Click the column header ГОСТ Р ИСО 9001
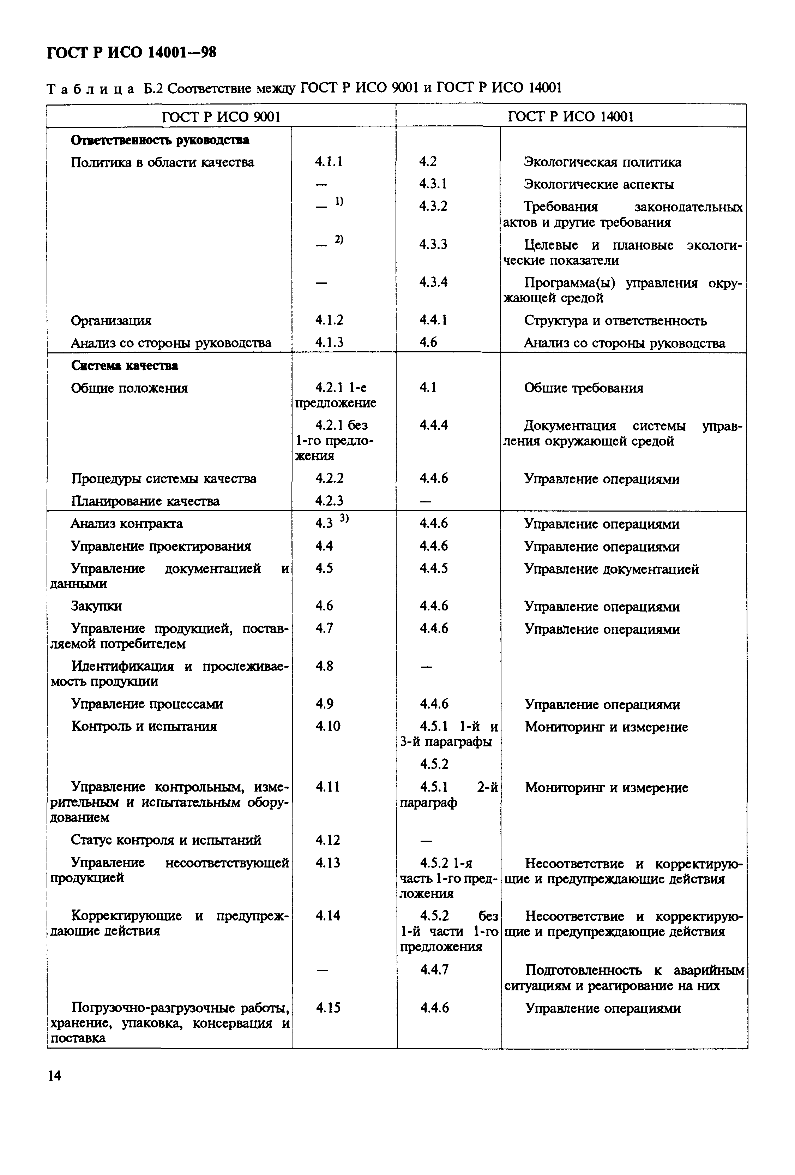click(x=221, y=117)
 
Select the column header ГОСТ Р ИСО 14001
click(x=571, y=117)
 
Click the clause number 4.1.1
click(x=329, y=162)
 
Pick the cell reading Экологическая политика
click(x=602, y=162)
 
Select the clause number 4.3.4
click(x=433, y=282)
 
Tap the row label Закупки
click(x=96, y=606)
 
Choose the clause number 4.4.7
click(x=434, y=969)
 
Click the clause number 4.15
click(x=328, y=1008)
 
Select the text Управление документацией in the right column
click(x=611, y=569)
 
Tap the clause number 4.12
click(x=327, y=840)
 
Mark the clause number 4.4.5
click(x=433, y=568)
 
